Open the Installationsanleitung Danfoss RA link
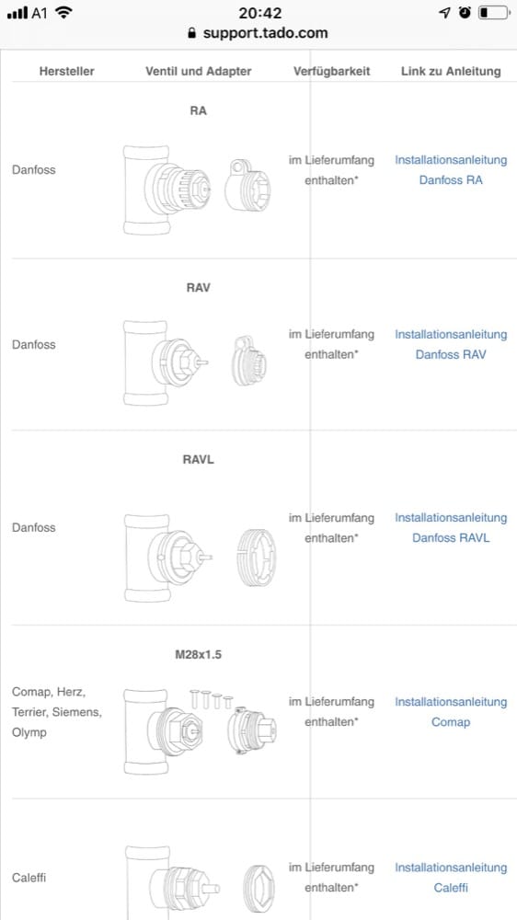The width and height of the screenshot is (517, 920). (451, 170)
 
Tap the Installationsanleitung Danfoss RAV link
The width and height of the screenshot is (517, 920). (451, 344)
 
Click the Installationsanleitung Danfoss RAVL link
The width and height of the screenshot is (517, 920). (451, 527)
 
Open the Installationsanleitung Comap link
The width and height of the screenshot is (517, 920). (451, 712)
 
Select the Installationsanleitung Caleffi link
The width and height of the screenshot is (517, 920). (451, 877)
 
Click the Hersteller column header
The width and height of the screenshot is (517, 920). (67, 72)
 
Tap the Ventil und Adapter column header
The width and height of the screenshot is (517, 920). (199, 72)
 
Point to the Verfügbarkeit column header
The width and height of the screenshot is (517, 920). (331, 72)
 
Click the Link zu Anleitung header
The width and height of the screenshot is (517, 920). (451, 72)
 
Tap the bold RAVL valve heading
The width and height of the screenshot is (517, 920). (199, 459)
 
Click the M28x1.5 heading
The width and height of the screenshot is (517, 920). (199, 655)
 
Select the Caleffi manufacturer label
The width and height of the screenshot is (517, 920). (29, 878)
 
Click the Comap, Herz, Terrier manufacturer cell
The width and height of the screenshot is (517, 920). (57, 712)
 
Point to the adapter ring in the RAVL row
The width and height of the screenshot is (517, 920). (257, 558)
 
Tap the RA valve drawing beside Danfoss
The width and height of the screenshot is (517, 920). (167, 190)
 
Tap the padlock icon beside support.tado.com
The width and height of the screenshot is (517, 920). (191, 33)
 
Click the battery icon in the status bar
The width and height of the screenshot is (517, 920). (493, 12)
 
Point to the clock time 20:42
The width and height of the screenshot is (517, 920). (260, 12)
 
